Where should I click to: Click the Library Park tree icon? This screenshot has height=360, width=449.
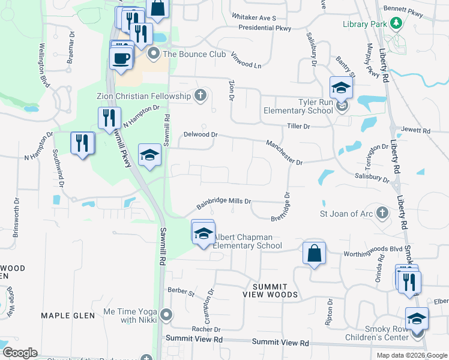[x=396, y=23]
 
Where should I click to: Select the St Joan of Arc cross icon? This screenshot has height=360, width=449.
[x=381, y=213]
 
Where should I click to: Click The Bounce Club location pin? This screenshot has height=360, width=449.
[x=154, y=54]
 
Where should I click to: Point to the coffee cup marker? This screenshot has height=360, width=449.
[x=121, y=58]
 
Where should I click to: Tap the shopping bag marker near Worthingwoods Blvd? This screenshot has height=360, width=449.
[x=314, y=253]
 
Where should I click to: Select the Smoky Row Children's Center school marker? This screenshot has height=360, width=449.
[x=417, y=319]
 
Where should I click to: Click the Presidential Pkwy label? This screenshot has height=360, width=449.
[x=264, y=28]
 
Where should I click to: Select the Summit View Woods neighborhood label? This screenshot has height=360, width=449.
[x=270, y=290]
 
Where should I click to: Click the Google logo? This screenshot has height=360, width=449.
[x=19, y=353]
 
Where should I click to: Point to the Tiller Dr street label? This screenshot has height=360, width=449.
[x=298, y=127]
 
